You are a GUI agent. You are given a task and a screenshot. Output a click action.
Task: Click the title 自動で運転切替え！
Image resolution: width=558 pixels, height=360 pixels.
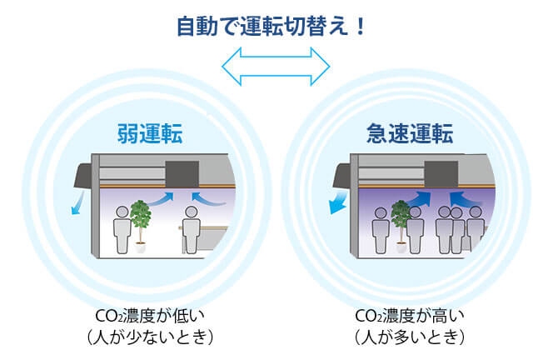[x=271, y=26]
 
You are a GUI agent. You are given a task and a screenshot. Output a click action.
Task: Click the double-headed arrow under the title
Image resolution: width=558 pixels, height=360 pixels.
[x=276, y=66]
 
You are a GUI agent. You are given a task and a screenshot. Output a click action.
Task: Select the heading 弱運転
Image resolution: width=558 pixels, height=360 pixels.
[x=150, y=133]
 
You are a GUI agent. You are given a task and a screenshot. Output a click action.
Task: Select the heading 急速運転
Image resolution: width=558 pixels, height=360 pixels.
[x=410, y=133]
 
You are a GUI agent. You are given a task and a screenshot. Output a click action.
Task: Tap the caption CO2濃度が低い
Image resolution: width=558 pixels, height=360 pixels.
[x=150, y=316]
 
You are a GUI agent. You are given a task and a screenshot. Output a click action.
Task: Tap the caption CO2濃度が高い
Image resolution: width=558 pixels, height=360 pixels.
[x=410, y=316]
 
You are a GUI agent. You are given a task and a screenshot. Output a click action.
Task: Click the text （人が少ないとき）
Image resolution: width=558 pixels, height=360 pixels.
[x=150, y=337]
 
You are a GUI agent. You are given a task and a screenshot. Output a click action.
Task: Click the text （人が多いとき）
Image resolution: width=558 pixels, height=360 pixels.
[x=410, y=337]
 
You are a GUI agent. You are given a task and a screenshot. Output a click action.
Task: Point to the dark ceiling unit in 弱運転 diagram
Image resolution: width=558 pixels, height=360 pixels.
[x=182, y=174]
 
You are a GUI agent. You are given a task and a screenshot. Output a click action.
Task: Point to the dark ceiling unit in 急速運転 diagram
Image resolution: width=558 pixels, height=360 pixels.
[x=441, y=174]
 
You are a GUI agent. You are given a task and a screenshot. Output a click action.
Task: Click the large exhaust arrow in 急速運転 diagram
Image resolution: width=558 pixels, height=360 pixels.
[x=338, y=202]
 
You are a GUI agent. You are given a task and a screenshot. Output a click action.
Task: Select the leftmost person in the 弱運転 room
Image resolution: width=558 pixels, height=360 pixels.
[x=122, y=230]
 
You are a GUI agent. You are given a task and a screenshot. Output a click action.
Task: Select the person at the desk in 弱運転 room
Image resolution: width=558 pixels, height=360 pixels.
[x=191, y=230]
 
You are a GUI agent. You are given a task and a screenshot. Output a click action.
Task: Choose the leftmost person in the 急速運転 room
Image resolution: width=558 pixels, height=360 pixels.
[x=381, y=231]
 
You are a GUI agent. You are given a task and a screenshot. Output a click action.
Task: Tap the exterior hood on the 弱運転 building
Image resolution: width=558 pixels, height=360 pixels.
[x=83, y=177]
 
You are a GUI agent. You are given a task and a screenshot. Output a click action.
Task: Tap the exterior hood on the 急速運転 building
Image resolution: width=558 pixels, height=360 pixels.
[x=342, y=177]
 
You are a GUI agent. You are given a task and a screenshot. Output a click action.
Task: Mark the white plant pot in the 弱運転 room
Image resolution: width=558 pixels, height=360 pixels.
[x=140, y=247]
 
